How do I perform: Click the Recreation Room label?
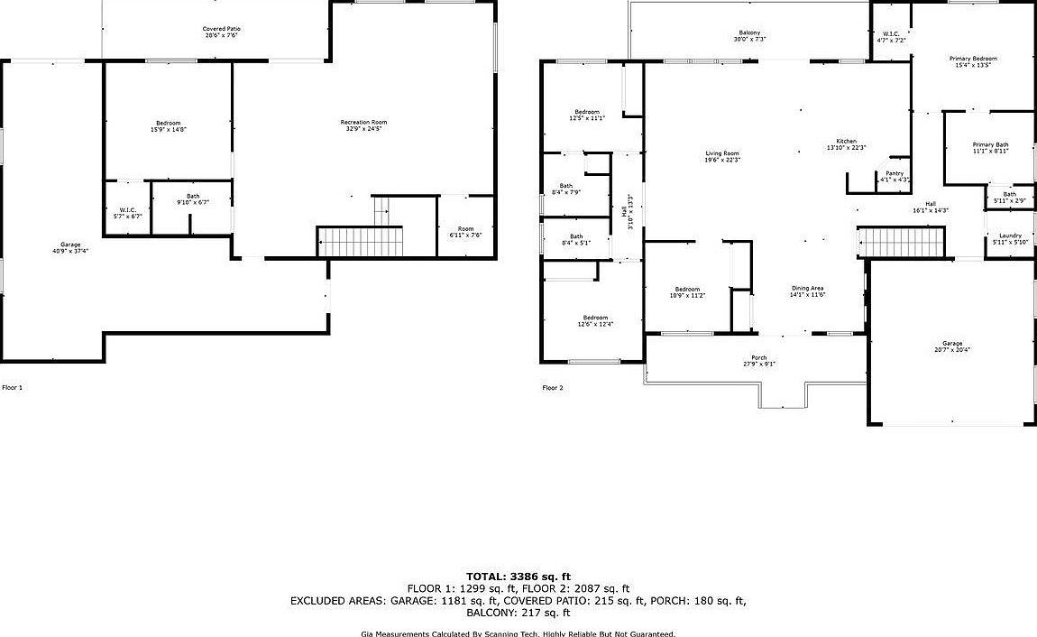pyautogui.click(x=363, y=125)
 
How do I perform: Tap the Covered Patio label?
pyautogui.click(x=221, y=32)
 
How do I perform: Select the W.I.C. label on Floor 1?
pyautogui.click(x=127, y=213)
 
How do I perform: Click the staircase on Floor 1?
pyautogui.click(x=361, y=242)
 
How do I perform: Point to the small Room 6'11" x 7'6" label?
pyautogui.click(x=465, y=232)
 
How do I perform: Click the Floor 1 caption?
pyautogui.click(x=12, y=387)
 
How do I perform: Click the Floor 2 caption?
pyautogui.click(x=552, y=388)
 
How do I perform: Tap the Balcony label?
pyautogui.click(x=749, y=36)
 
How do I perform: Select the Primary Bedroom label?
pyautogui.click(x=973, y=61)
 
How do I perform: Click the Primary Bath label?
pyautogui.click(x=990, y=148)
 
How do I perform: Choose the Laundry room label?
pyautogui.click(x=1009, y=238)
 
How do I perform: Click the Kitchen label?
pyautogui.click(x=846, y=144)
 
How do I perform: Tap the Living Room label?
pyautogui.click(x=722, y=156)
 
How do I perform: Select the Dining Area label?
pyautogui.click(x=807, y=291)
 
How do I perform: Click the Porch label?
pyautogui.click(x=758, y=360)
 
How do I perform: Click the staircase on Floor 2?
pyautogui.click(x=900, y=242)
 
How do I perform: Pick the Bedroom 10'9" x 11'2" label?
pyautogui.click(x=686, y=291)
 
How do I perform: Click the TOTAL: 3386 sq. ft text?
pyautogui.click(x=518, y=576)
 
